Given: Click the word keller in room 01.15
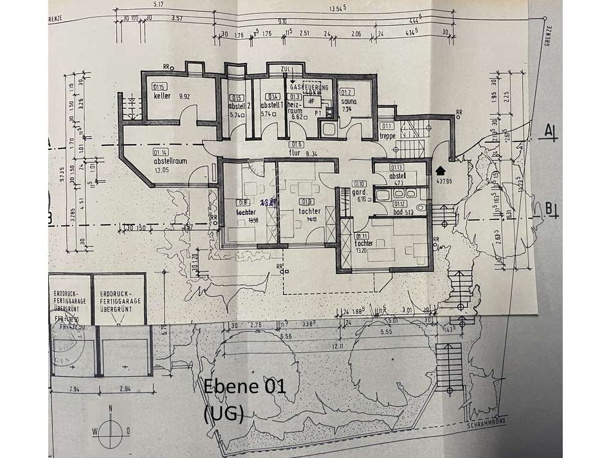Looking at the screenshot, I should (161, 96).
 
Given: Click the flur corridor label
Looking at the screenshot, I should (295, 154).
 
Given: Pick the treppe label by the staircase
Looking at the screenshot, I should (388, 136).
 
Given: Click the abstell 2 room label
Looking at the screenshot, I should (238, 105).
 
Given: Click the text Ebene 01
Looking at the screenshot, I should (244, 387).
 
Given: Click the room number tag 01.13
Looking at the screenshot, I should (397, 168).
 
